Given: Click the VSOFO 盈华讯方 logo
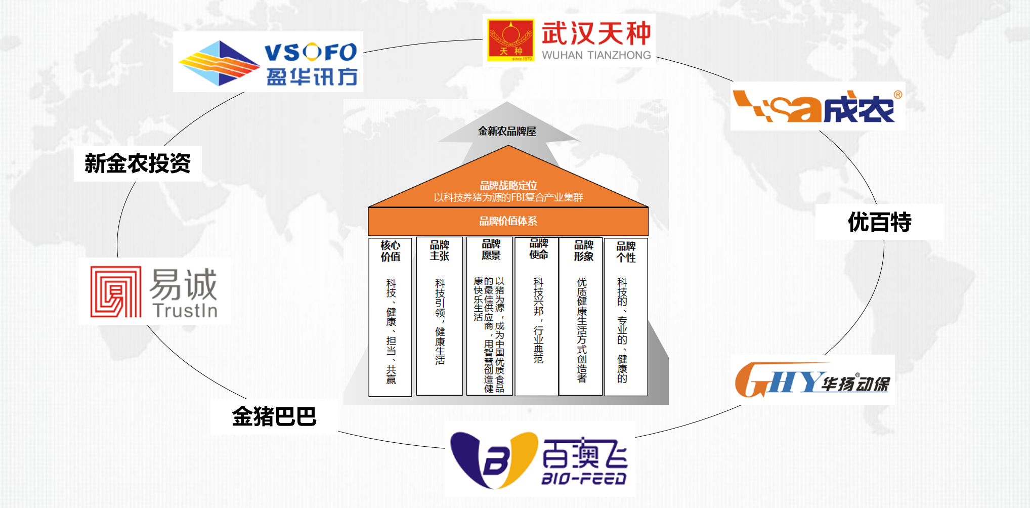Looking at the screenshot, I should pyautogui.click(x=268, y=62).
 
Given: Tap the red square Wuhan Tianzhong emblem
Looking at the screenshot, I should pyautogui.click(x=510, y=40).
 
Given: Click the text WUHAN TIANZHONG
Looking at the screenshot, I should pyautogui.click(x=596, y=55).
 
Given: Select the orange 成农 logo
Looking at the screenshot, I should pyautogui.click(x=817, y=106).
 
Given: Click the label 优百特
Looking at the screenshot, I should pyautogui.click(x=879, y=222).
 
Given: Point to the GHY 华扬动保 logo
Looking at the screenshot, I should pyautogui.click(x=812, y=380).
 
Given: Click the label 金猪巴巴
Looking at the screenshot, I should pyautogui.click(x=274, y=416).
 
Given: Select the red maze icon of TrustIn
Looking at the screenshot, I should pyautogui.click(x=116, y=292).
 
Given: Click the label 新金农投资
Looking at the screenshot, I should pyautogui.click(x=138, y=163).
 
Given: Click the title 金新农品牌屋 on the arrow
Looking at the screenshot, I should pyautogui.click(x=507, y=132).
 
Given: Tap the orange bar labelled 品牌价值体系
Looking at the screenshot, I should pyautogui.click(x=508, y=221).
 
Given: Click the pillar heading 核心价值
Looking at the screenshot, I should pyautogui.click(x=390, y=251).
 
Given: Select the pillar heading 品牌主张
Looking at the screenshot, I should pyautogui.click(x=439, y=250).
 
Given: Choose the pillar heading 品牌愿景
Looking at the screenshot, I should pyautogui.click(x=491, y=250).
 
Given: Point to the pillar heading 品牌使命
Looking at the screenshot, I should pyautogui.click(x=538, y=249).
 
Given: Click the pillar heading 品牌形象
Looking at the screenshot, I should pyautogui.click(x=583, y=250).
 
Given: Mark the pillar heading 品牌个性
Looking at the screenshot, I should pyautogui.click(x=626, y=251).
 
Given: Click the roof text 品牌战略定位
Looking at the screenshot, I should pyautogui.click(x=508, y=186).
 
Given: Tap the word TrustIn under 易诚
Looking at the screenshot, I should pyautogui.click(x=185, y=310).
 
